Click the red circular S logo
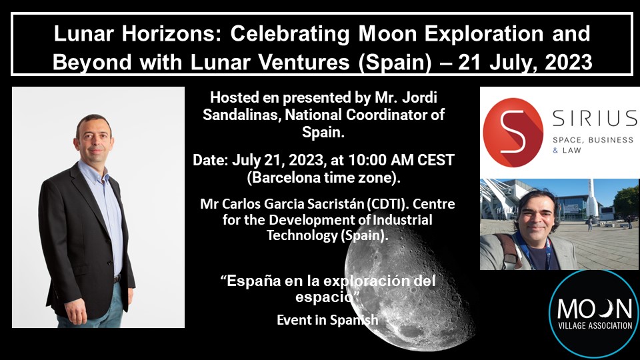[513, 132]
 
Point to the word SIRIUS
[595, 119]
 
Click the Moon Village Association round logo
[594, 314]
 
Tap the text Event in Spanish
[327, 320]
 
